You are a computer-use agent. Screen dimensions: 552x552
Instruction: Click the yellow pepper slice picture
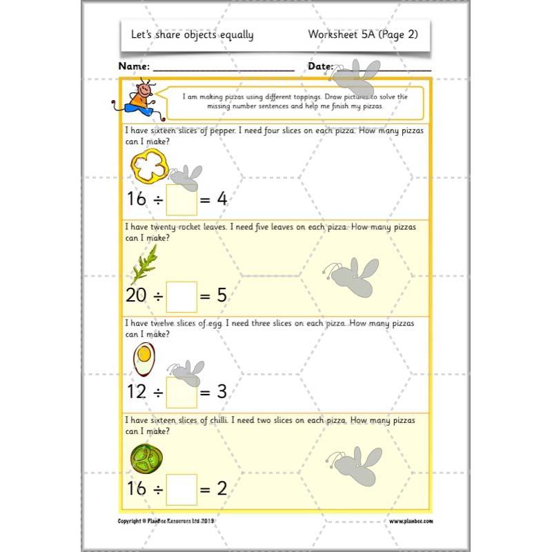tap(149, 167)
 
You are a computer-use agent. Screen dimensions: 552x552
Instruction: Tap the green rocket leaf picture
tap(144, 264)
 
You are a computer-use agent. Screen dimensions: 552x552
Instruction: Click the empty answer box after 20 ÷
tap(181, 296)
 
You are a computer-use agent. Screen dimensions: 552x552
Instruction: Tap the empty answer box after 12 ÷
tap(181, 392)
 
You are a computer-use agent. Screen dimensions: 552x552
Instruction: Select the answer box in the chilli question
tap(181, 489)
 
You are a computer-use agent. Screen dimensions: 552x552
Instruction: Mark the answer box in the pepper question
tap(181, 200)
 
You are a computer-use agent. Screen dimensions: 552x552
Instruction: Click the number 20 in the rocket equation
tap(136, 296)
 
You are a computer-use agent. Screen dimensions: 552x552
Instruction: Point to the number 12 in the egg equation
tap(136, 392)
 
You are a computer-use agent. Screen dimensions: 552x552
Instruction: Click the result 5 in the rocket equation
tap(221, 296)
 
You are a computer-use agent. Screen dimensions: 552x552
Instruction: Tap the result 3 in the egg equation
tap(221, 392)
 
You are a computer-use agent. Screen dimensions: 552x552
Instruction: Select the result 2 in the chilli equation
tap(221, 489)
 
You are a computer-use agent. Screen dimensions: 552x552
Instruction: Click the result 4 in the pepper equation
tap(221, 200)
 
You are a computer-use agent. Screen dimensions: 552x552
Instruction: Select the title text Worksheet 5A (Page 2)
tap(363, 34)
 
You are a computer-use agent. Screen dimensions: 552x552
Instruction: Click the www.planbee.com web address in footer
tap(411, 522)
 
